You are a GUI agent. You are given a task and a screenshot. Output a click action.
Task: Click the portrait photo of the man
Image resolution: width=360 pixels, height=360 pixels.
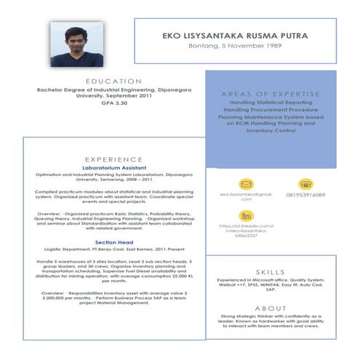(x=76, y=43)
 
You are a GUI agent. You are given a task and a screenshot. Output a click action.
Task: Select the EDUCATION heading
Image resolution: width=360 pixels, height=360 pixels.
(x=113, y=81)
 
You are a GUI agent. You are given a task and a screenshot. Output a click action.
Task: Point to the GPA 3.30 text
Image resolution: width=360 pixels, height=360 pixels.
(x=113, y=103)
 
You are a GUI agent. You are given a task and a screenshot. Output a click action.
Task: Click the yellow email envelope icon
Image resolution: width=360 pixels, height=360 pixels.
(x=246, y=184)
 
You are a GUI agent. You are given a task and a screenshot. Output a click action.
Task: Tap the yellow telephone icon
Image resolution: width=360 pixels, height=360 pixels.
(x=305, y=184)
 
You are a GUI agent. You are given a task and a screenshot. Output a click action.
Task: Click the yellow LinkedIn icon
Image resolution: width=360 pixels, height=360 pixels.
(x=246, y=216)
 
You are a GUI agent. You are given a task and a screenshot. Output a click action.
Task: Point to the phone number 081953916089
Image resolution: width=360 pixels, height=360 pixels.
(x=305, y=195)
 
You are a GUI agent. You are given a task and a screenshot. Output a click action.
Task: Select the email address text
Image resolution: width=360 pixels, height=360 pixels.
(x=246, y=196)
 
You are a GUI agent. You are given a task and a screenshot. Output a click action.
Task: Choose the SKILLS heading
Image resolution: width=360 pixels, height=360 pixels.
(x=271, y=271)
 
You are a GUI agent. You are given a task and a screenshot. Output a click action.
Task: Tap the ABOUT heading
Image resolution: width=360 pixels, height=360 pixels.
(x=271, y=308)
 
